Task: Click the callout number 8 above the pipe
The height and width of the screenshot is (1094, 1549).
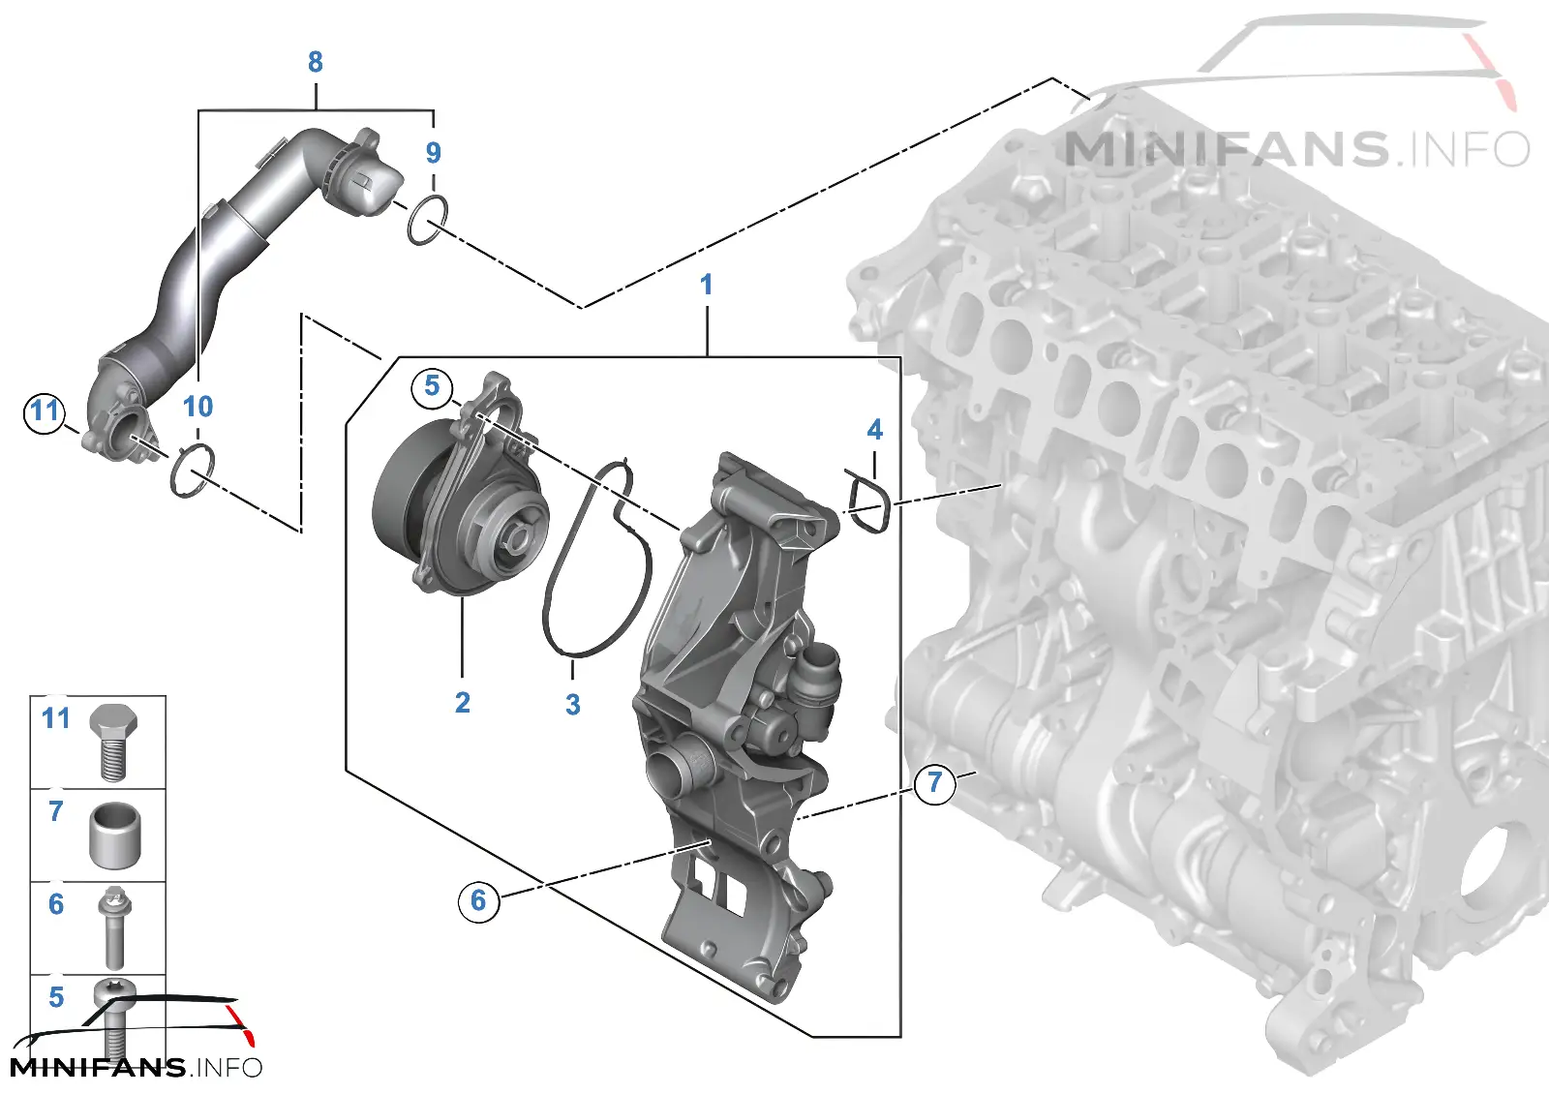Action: tap(316, 62)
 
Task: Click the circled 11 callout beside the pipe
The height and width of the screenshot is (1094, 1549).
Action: tap(45, 412)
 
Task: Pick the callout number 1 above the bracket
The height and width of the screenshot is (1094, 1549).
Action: tap(706, 285)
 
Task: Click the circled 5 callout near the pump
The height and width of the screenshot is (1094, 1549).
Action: tap(432, 386)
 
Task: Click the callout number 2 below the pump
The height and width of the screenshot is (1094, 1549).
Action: tap(463, 703)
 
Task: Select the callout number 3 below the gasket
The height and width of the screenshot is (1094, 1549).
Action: tap(572, 705)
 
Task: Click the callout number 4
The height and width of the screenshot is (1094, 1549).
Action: tap(875, 430)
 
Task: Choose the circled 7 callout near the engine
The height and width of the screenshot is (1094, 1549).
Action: tap(935, 783)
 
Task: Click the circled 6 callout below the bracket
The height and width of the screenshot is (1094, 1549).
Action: tap(478, 900)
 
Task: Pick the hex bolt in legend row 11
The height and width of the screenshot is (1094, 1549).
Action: tap(113, 742)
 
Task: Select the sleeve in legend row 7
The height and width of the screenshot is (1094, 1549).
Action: tap(115, 836)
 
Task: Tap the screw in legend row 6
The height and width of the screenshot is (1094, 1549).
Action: tap(115, 928)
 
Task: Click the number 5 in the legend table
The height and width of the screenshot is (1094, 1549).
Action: tap(56, 997)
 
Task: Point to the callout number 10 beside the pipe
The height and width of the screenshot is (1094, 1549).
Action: tap(197, 407)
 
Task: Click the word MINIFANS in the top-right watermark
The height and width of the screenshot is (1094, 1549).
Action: tap(1226, 149)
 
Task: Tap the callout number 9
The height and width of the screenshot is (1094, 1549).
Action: tap(434, 153)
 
